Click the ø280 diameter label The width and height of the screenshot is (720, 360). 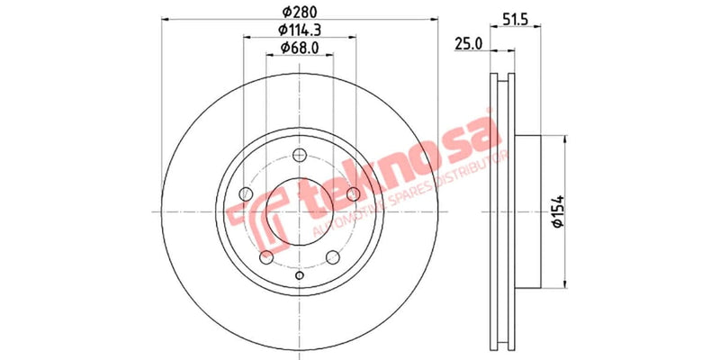tap(301, 13)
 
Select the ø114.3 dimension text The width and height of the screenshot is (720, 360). tap(301, 31)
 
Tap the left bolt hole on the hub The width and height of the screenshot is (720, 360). tap(246, 195)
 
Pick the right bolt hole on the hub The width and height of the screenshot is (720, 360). tap(355, 195)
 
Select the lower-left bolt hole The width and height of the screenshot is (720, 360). tap(266, 258)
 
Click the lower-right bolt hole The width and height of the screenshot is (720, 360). tap(334, 258)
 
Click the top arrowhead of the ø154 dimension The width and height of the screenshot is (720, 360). tap(563, 139)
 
